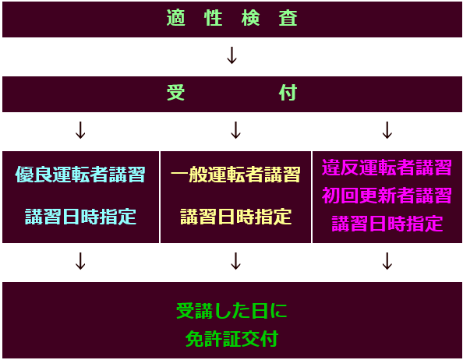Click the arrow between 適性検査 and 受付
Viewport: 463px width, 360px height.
[231, 55]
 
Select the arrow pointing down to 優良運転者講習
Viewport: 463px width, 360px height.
[80, 130]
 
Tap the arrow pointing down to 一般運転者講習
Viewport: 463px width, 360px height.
[235, 130]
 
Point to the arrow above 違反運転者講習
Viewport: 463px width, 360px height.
[387, 130]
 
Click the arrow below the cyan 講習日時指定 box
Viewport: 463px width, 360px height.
[80, 261]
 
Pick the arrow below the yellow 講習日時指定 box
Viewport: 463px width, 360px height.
[235, 261]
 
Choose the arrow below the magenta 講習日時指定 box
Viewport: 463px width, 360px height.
[387, 261]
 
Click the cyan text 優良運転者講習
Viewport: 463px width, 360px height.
[80, 175]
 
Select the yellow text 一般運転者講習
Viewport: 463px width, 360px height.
[235, 175]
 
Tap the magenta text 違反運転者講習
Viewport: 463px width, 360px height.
[387, 168]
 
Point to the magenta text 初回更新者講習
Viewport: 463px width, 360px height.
[387, 196]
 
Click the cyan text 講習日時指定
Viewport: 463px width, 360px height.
[80, 217]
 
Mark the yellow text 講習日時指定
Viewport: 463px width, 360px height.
[235, 217]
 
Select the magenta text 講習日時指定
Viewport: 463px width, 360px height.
[387, 224]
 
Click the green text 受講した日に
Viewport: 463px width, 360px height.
[231, 311]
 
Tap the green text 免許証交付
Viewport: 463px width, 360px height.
[231, 339]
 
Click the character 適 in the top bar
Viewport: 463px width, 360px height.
[176, 18]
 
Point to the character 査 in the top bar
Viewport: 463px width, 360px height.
[288, 18]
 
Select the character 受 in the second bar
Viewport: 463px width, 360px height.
[176, 93]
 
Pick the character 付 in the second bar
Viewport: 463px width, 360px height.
[288, 93]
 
